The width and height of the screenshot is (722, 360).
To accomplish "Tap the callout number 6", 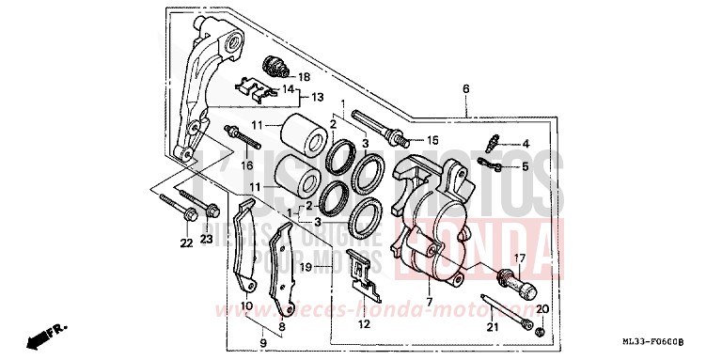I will (464, 89).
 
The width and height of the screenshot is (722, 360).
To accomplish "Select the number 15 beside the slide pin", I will (432, 140).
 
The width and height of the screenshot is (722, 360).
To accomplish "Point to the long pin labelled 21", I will (508, 309).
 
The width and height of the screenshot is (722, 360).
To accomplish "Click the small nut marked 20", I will (540, 333).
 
